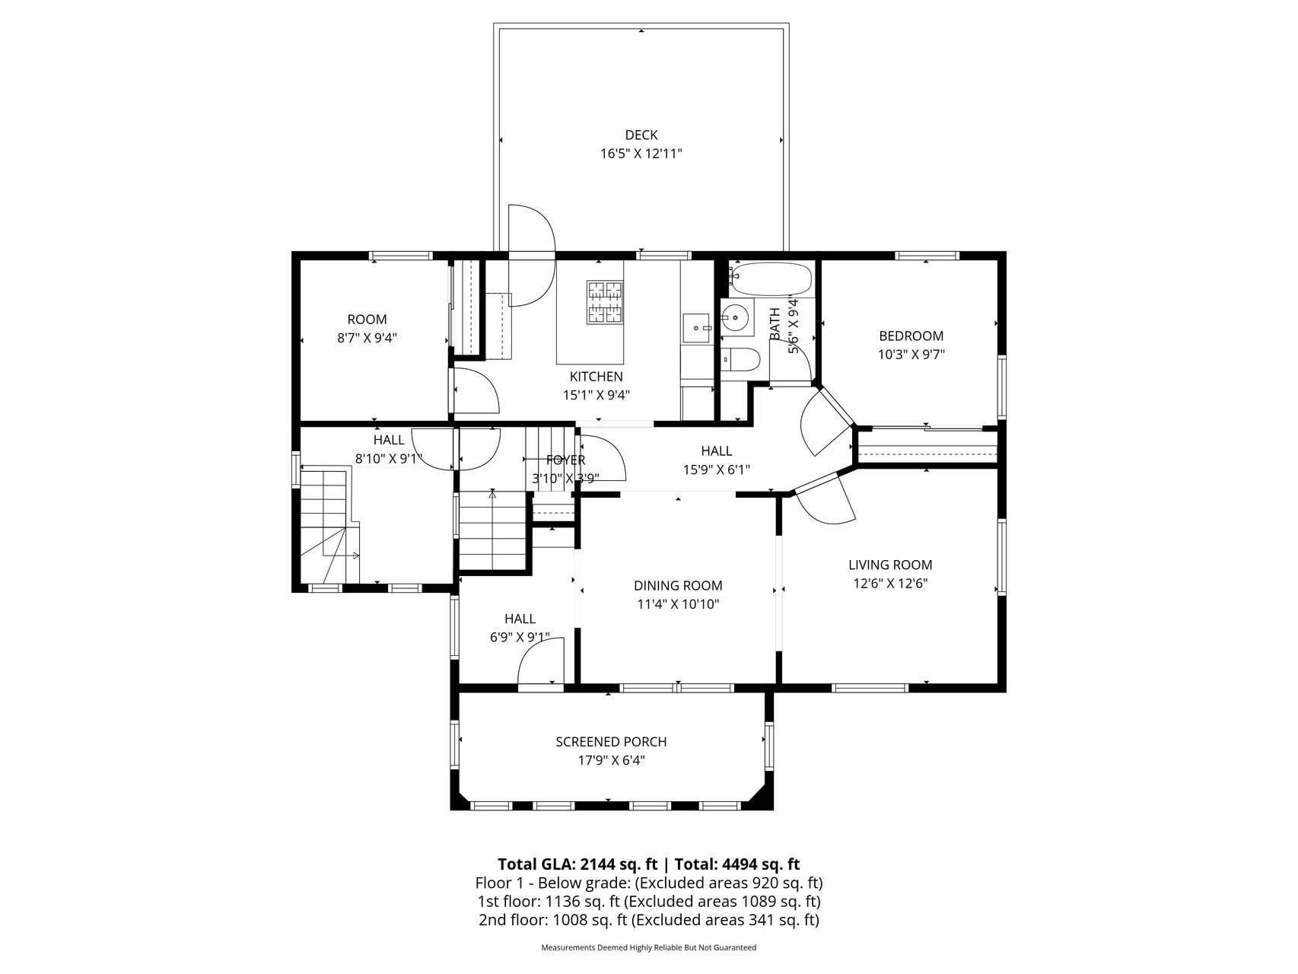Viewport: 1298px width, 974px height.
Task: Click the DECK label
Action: (641, 135)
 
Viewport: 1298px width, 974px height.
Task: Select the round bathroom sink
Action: (736, 315)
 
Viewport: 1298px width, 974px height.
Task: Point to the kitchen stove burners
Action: (605, 302)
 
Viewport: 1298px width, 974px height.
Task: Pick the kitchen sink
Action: (696, 328)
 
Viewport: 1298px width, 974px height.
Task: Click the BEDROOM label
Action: (911, 336)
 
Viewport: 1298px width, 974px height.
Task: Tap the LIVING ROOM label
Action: (890, 565)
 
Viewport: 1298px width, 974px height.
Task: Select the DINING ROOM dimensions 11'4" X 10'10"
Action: (678, 604)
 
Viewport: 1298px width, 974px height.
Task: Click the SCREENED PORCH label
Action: (611, 742)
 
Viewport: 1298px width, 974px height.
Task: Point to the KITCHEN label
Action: (597, 377)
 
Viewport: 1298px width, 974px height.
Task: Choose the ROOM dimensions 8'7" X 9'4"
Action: (367, 338)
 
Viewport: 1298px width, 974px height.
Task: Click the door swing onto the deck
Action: (532, 256)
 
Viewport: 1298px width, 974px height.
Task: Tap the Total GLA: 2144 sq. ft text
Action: (577, 864)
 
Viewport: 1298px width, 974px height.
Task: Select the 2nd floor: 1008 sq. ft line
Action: (648, 920)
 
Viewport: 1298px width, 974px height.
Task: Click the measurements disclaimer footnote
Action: (648, 948)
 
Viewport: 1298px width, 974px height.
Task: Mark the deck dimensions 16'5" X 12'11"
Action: (641, 154)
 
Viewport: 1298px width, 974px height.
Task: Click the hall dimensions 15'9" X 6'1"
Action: (716, 470)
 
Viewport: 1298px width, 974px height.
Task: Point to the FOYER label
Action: (565, 460)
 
